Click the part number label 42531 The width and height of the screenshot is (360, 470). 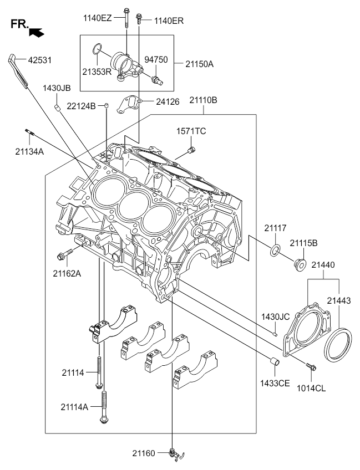coord(40,60)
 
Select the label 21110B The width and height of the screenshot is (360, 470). coord(203,100)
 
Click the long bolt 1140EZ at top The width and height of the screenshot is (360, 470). coord(126,18)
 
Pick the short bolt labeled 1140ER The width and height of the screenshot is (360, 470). coord(139,19)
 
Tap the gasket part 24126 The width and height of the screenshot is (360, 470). coord(128,104)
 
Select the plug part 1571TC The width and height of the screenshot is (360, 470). coord(191,149)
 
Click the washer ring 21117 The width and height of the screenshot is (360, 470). coord(276,251)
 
